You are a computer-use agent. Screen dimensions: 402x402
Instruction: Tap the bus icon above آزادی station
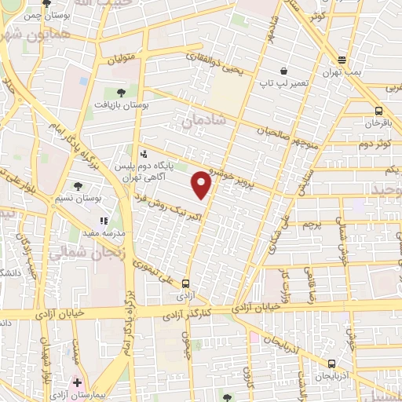click(185, 283)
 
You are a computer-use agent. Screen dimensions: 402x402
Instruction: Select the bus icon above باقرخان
click(379, 111)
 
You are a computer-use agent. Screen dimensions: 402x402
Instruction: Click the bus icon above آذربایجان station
click(331, 364)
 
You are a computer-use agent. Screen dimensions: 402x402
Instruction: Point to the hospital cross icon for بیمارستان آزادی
click(77, 383)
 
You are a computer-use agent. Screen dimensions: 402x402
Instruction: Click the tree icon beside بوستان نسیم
click(78, 186)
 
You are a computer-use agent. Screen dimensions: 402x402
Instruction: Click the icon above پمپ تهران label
click(342, 60)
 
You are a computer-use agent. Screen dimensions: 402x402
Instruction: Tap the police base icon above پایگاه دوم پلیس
click(143, 155)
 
